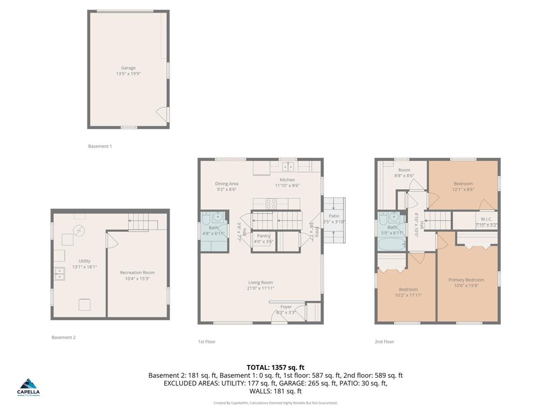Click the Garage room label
(x=128, y=68)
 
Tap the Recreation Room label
(x=137, y=273)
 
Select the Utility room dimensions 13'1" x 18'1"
(x=84, y=266)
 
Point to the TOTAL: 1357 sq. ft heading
(x=275, y=367)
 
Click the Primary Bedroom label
(x=466, y=280)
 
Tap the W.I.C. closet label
(x=486, y=219)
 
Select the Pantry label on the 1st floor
(x=264, y=236)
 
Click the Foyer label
(x=286, y=307)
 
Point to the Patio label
(x=334, y=216)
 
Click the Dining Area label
(x=227, y=184)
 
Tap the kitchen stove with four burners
(x=272, y=203)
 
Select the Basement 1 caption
(x=100, y=146)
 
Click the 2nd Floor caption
(x=384, y=341)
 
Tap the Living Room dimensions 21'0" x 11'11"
(x=260, y=288)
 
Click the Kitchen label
(x=287, y=180)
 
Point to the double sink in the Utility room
(x=59, y=274)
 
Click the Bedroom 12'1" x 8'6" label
(x=463, y=184)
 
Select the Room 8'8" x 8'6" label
(x=404, y=170)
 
